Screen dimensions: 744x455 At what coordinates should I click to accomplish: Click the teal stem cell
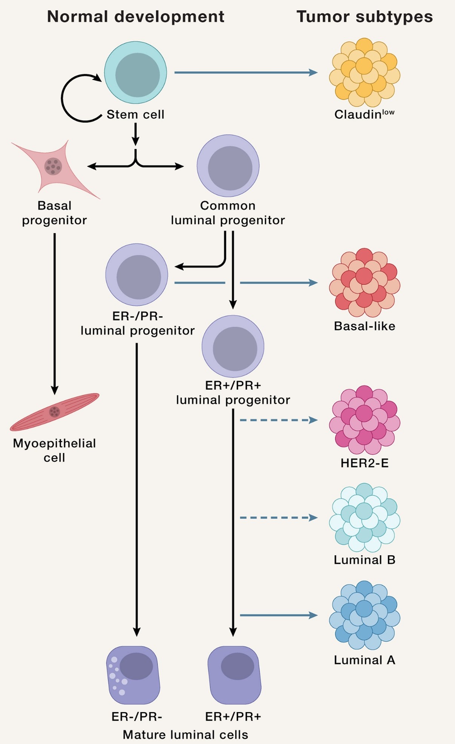click(136, 73)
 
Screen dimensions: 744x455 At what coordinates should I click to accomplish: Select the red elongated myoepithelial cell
click(55, 411)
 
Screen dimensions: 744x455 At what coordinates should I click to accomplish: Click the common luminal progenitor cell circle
click(228, 166)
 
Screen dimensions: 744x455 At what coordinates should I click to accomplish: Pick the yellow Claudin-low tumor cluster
click(365, 72)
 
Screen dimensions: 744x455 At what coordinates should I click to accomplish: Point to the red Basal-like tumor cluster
click(365, 283)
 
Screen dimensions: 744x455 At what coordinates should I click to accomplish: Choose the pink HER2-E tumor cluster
click(365, 420)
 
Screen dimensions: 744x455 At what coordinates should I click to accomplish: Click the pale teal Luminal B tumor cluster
click(365, 517)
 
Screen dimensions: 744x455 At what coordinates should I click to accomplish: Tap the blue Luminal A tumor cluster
click(365, 615)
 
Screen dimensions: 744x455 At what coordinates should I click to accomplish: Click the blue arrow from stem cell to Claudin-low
click(245, 72)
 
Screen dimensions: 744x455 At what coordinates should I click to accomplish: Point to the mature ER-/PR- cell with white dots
click(133, 675)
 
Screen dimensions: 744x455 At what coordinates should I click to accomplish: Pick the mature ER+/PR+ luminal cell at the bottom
click(234, 675)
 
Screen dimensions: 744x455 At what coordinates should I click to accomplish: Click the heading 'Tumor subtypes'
click(365, 17)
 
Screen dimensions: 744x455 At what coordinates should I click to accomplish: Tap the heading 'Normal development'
click(136, 17)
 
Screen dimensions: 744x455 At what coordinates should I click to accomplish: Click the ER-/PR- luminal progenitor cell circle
click(137, 275)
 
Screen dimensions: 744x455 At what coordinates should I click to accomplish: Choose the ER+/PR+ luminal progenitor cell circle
click(233, 346)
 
